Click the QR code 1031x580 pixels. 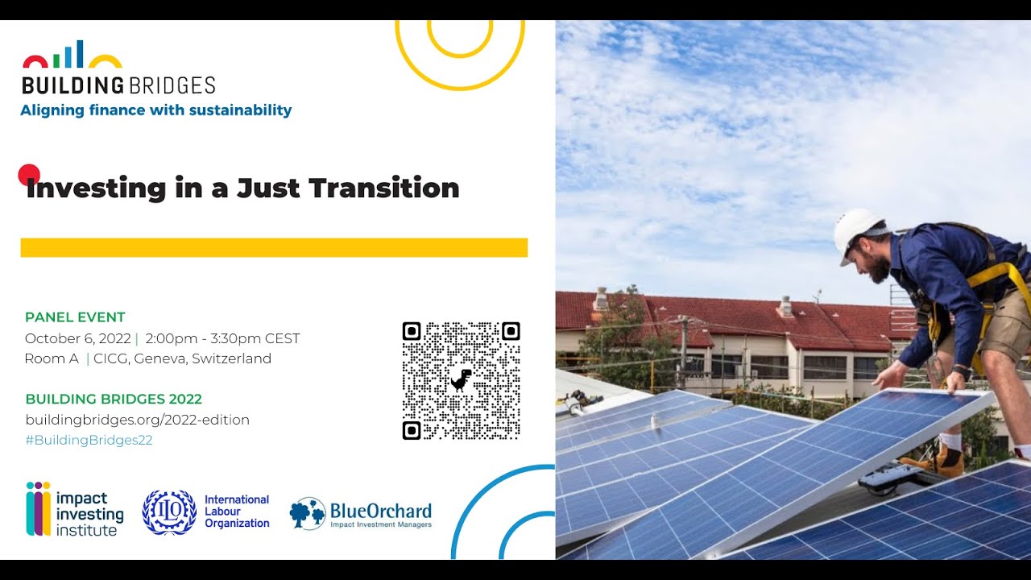point(462,381)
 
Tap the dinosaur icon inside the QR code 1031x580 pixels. point(462,380)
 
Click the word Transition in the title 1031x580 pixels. point(384,188)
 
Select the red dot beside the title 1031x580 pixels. point(28,175)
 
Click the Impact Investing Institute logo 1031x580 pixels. point(75,509)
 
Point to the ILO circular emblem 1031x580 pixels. point(169,512)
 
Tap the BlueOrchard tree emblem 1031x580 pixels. point(308,513)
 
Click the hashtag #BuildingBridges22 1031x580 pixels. point(89,440)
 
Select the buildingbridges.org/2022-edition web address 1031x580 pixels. point(137,420)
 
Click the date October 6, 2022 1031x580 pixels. point(78,338)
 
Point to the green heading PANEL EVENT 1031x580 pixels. point(75,317)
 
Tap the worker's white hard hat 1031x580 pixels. point(859,233)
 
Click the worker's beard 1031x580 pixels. point(877,267)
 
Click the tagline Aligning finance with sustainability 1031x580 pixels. point(156,110)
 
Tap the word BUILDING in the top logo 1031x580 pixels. point(72,85)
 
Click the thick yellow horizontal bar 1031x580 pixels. point(274,247)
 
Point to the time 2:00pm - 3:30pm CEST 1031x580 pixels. point(223,338)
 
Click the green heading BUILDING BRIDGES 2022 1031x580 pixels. point(114,399)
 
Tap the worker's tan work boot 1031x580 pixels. point(937,460)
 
